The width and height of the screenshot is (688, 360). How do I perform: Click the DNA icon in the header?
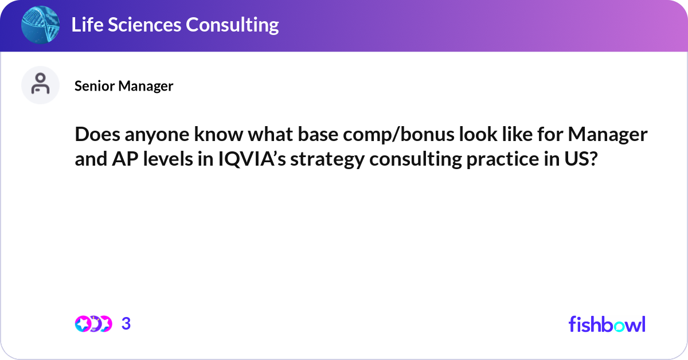(x=40, y=25)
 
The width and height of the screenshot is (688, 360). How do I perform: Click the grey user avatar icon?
(x=40, y=85)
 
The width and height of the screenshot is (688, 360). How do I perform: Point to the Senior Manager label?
(x=124, y=86)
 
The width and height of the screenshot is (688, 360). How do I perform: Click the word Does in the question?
(x=95, y=135)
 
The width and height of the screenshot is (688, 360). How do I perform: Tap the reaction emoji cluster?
(x=93, y=324)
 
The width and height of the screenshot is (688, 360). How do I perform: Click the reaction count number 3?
(x=126, y=324)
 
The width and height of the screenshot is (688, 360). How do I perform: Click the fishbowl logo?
(x=607, y=324)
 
